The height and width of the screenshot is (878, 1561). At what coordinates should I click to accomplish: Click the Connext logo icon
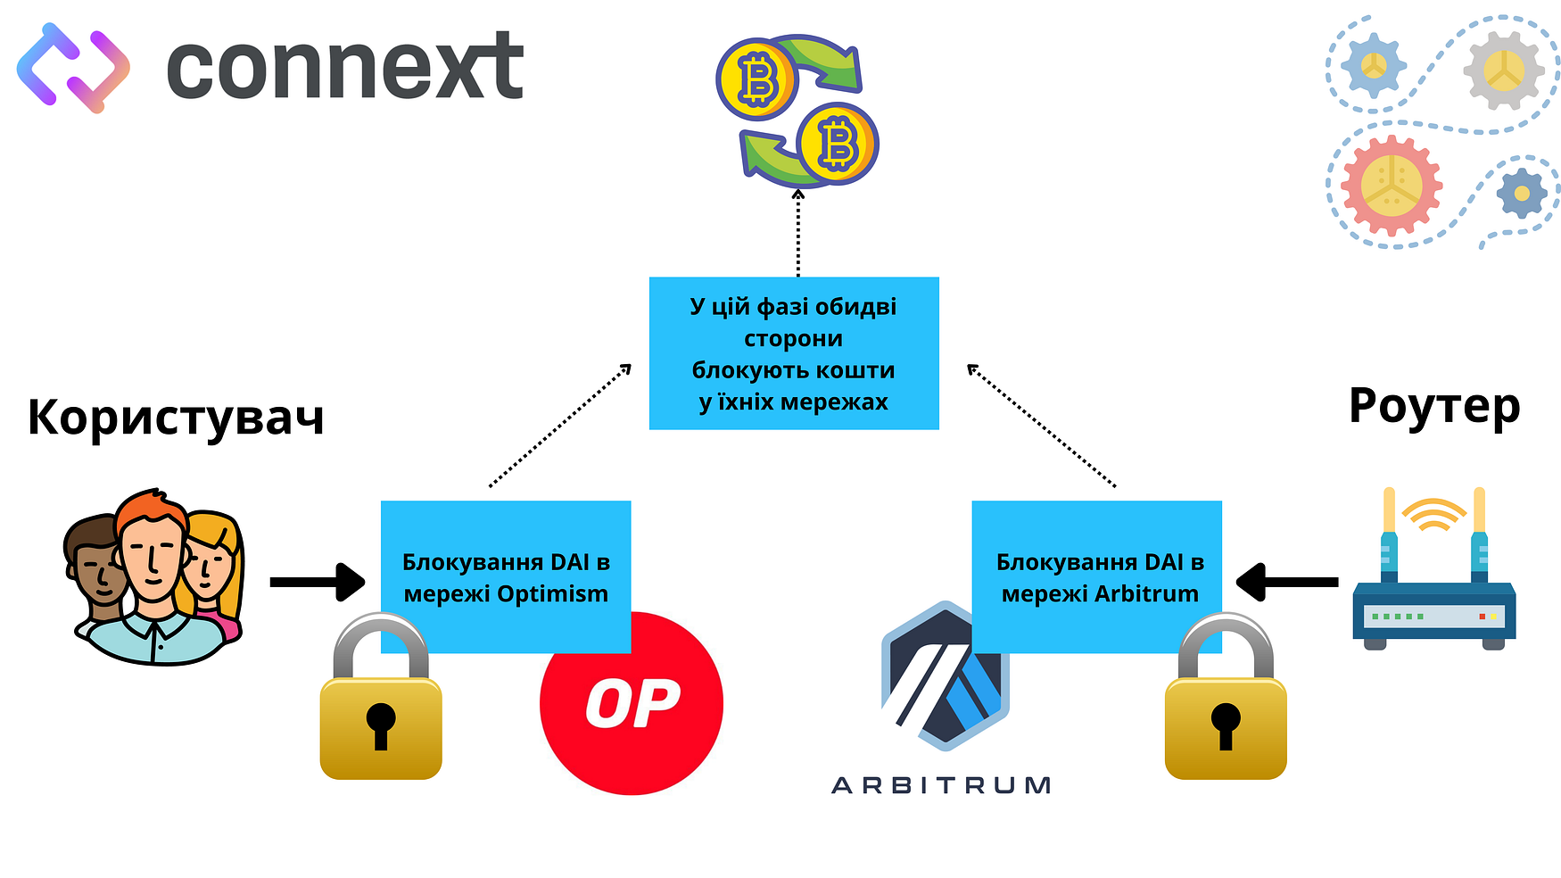coord(73,68)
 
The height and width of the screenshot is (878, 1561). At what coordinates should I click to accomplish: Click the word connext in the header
coord(344,68)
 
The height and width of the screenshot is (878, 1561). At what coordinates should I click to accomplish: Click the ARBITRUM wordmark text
coord(941,785)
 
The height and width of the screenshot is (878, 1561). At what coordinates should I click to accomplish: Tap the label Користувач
coord(176,417)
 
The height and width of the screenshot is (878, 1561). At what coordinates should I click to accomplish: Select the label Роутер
coord(1434,406)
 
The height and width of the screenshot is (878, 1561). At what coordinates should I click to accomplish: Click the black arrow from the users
coord(317,582)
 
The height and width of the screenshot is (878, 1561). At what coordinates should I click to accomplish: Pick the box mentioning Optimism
coord(506,576)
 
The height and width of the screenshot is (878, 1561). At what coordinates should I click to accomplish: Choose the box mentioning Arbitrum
coord(1096,576)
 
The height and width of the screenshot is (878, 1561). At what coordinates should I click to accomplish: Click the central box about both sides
coord(794,353)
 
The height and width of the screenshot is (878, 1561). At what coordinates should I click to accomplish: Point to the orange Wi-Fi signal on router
coord(1433,514)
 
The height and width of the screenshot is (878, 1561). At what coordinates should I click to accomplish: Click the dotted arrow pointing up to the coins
coord(798,232)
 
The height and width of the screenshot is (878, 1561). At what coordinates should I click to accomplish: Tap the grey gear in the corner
coord(1504,70)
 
